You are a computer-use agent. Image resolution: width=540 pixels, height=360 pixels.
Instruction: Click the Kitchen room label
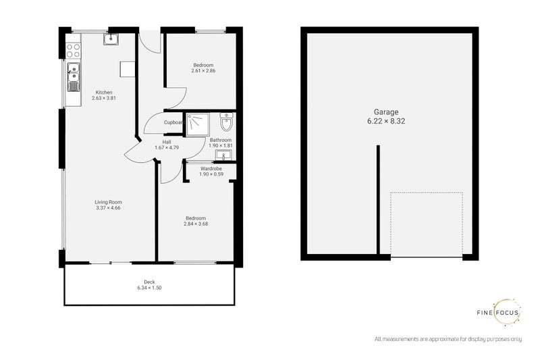[103, 93]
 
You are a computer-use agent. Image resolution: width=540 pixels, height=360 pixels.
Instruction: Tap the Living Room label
[108, 202]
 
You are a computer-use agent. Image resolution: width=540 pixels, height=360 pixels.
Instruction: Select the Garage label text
[387, 112]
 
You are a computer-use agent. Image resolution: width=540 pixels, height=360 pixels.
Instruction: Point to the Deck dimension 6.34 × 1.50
[149, 288]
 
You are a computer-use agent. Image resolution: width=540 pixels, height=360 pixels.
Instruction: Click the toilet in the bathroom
[226, 124]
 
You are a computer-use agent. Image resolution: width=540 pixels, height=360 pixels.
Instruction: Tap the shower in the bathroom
[198, 124]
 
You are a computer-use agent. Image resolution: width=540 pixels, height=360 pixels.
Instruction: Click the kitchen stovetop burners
[72, 48]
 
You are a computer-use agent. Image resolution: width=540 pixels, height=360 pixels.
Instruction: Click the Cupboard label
[175, 122]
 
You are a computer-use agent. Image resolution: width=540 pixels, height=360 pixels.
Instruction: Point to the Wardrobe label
[212, 168]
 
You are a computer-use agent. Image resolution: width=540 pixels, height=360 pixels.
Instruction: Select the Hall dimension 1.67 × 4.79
[167, 147]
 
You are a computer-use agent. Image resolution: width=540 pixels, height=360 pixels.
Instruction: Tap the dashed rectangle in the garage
[427, 224]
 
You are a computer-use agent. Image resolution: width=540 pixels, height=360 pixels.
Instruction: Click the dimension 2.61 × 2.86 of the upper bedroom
[203, 71]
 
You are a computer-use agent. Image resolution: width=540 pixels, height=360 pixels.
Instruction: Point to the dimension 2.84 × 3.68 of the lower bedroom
[196, 224]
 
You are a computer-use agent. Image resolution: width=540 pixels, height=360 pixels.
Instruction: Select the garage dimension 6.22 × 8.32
[387, 122]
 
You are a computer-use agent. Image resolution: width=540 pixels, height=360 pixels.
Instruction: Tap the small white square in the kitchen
[125, 68]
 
